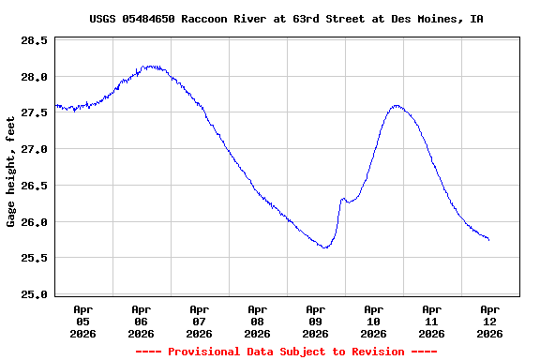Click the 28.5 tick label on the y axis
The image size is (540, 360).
(x=36, y=41)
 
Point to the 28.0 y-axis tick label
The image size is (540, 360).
(x=36, y=77)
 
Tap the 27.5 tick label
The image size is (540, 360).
(x=36, y=113)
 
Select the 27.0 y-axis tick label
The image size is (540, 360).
(x=36, y=149)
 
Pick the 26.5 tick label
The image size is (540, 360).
(x=36, y=186)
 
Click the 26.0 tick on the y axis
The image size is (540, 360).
(x=36, y=222)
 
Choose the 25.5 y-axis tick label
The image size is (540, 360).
(x=36, y=258)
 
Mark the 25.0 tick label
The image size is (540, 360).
(x=36, y=294)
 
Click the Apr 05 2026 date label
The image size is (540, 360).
(x=83, y=321)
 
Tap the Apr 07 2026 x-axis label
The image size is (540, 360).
(x=200, y=321)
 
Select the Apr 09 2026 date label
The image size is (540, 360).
(x=316, y=321)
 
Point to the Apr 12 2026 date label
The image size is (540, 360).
(x=489, y=321)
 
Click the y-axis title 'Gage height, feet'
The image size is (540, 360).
(x=11, y=171)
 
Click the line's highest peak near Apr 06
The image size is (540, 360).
(x=150, y=67)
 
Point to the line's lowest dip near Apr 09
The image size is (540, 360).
(x=324, y=247)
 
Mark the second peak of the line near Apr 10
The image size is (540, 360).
(x=397, y=106)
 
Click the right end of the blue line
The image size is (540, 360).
(x=488, y=240)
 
